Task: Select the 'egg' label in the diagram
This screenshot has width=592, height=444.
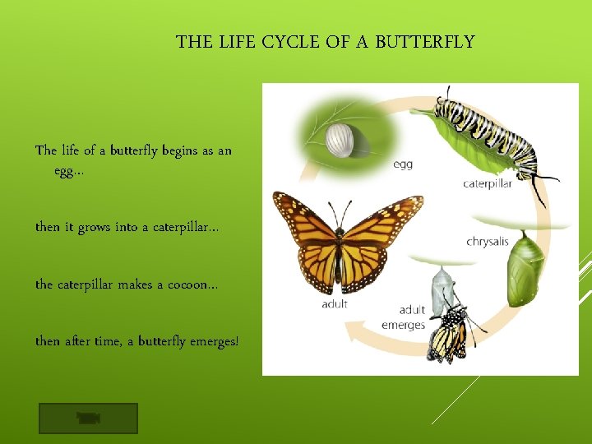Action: [x=403, y=164]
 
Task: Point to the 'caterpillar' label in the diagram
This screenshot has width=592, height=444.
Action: [x=487, y=184]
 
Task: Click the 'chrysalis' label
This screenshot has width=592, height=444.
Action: [x=488, y=242]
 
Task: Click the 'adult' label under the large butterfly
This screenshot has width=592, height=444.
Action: [x=335, y=304]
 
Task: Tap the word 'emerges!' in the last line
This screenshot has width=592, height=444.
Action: [x=212, y=340]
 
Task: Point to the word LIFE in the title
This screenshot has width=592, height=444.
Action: [x=236, y=42]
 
